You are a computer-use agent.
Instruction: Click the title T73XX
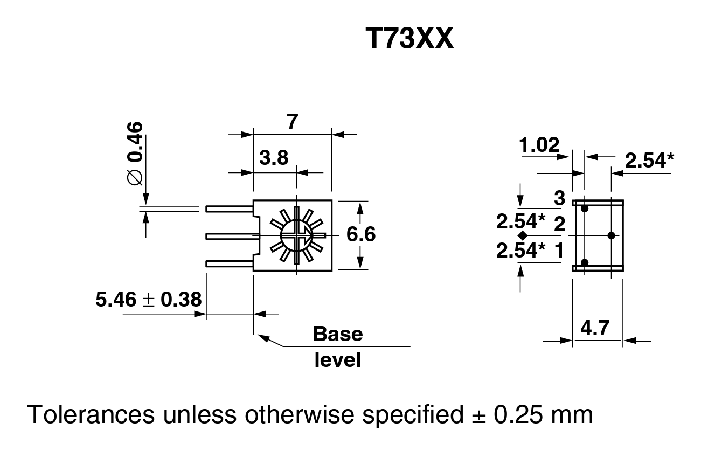point(409,39)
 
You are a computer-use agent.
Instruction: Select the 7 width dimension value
point(292,122)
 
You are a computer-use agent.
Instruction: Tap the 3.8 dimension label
point(274,159)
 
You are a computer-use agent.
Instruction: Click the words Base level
point(338,346)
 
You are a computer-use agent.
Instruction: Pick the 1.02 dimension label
point(539,145)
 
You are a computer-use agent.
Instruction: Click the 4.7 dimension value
point(598,327)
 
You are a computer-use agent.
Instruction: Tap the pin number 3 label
point(560,199)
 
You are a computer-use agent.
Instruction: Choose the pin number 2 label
point(559,224)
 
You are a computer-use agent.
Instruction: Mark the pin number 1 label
point(559,249)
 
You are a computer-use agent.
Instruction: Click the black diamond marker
point(522,236)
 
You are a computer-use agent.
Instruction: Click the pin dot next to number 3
point(585,207)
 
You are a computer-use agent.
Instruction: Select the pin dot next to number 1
point(585,262)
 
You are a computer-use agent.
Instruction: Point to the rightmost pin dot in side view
point(611,235)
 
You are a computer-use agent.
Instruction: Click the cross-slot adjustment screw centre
point(296,235)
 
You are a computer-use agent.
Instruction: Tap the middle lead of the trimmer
point(230,235)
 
